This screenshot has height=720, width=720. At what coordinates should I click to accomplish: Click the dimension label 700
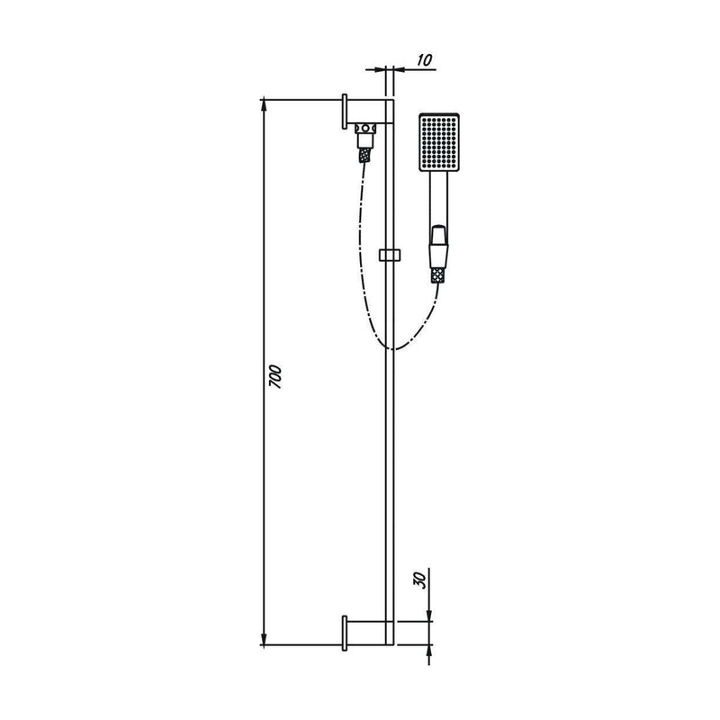[275, 376]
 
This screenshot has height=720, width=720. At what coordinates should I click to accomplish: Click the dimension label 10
[425, 59]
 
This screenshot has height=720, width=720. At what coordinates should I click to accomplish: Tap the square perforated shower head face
[439, 142]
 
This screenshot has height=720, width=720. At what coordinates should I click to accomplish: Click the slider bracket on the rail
[390, 255]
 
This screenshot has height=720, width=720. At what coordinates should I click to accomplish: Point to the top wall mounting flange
[345, 112]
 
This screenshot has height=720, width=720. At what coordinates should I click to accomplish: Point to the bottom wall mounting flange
[345, 634]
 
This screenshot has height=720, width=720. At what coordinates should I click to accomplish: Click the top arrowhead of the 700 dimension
[264, 104]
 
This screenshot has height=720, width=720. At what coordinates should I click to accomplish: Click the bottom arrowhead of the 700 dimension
[264, 639]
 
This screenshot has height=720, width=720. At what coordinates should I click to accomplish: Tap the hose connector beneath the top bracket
[365, 141]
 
